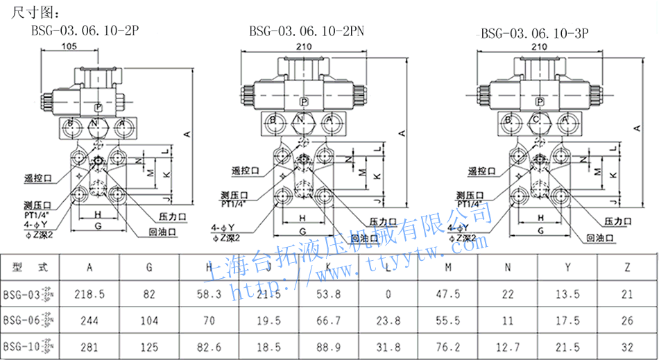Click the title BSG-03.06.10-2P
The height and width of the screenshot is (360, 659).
point(85,30)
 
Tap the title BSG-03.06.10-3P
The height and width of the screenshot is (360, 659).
point(538,32)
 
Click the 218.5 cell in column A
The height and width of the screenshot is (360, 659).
point(90,294)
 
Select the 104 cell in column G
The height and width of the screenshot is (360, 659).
point(149,320)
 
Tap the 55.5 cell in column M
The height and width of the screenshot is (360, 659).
point(448,320)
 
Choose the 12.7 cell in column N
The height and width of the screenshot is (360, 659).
point(508,345)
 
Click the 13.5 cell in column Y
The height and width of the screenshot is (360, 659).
point(567,294)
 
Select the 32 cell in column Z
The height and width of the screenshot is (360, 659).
point(627,345)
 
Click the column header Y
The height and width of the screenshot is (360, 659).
point(567,267)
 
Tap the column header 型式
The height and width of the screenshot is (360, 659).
point(31,267)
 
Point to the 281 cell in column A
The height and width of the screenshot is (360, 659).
point(90,345)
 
